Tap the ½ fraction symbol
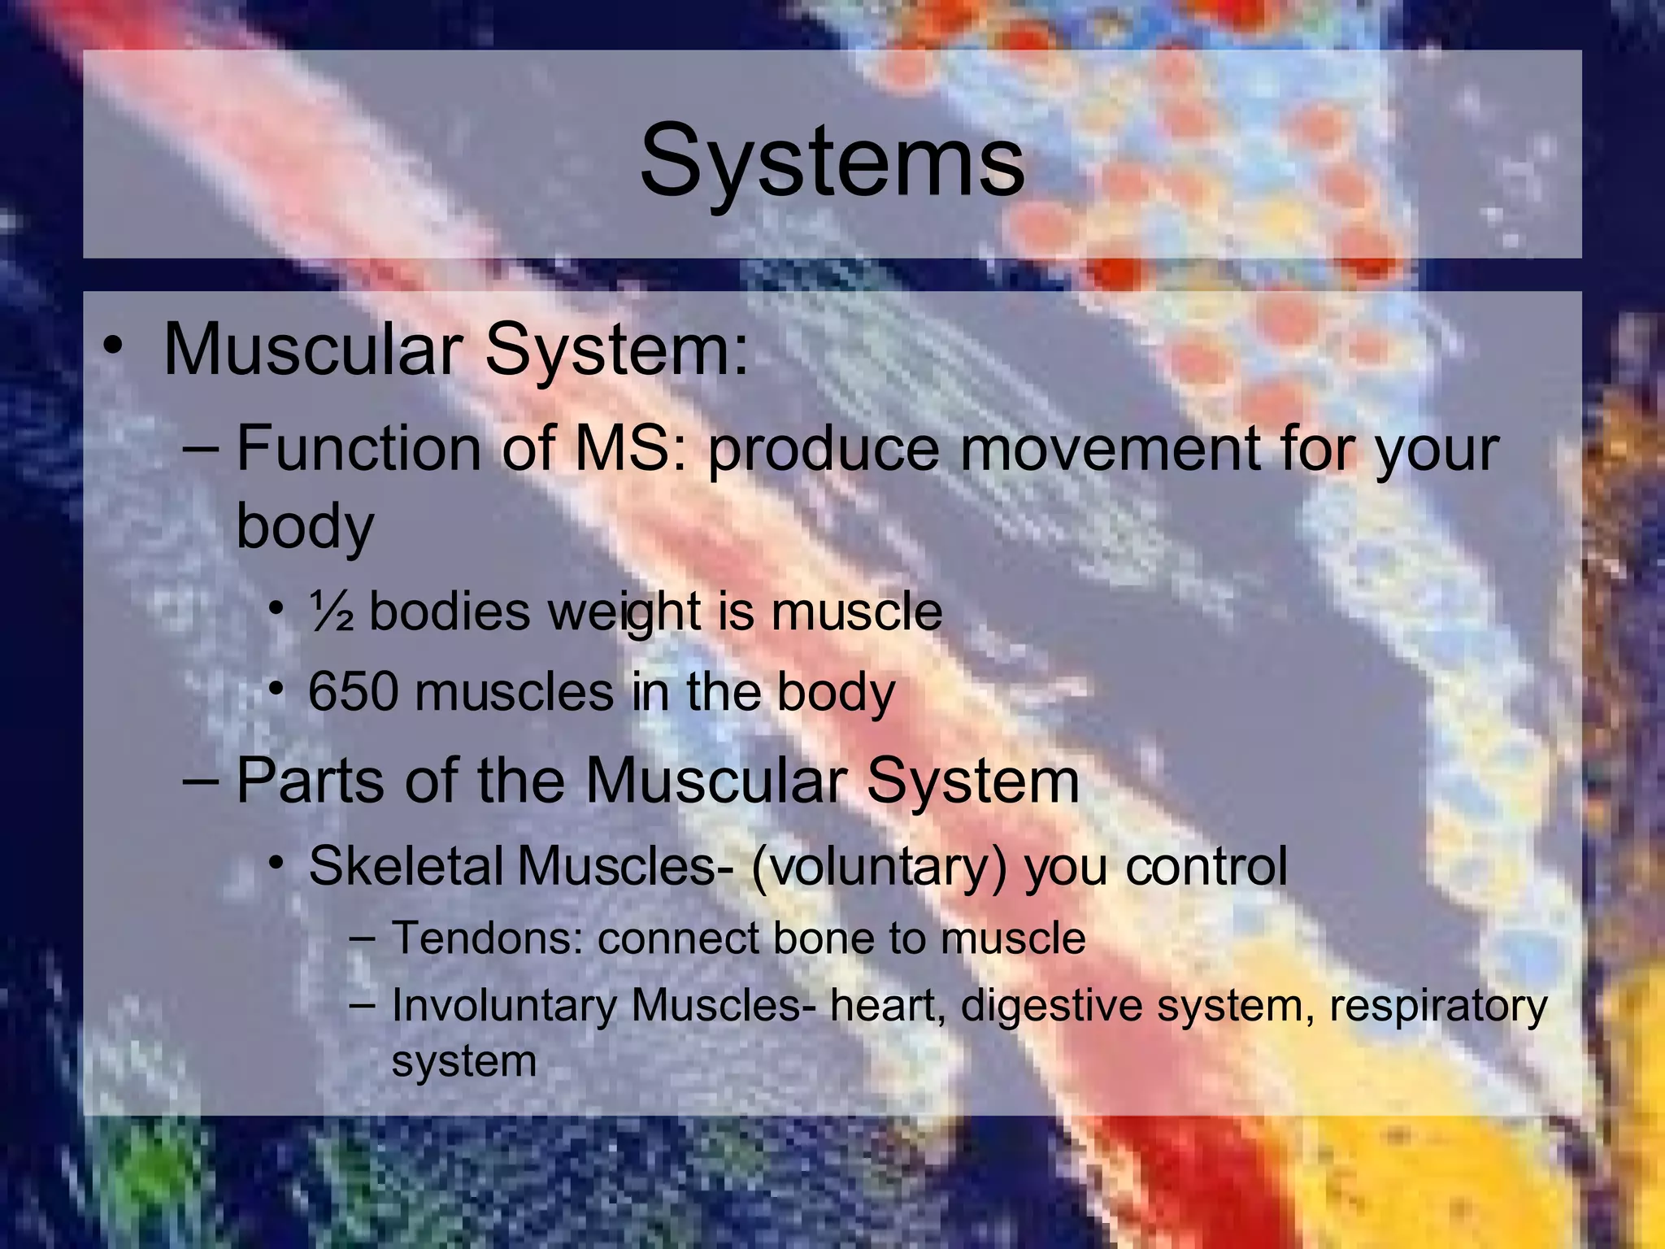331,612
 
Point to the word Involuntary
504,1006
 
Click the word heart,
888,1006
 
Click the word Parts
310,781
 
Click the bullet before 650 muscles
277,690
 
